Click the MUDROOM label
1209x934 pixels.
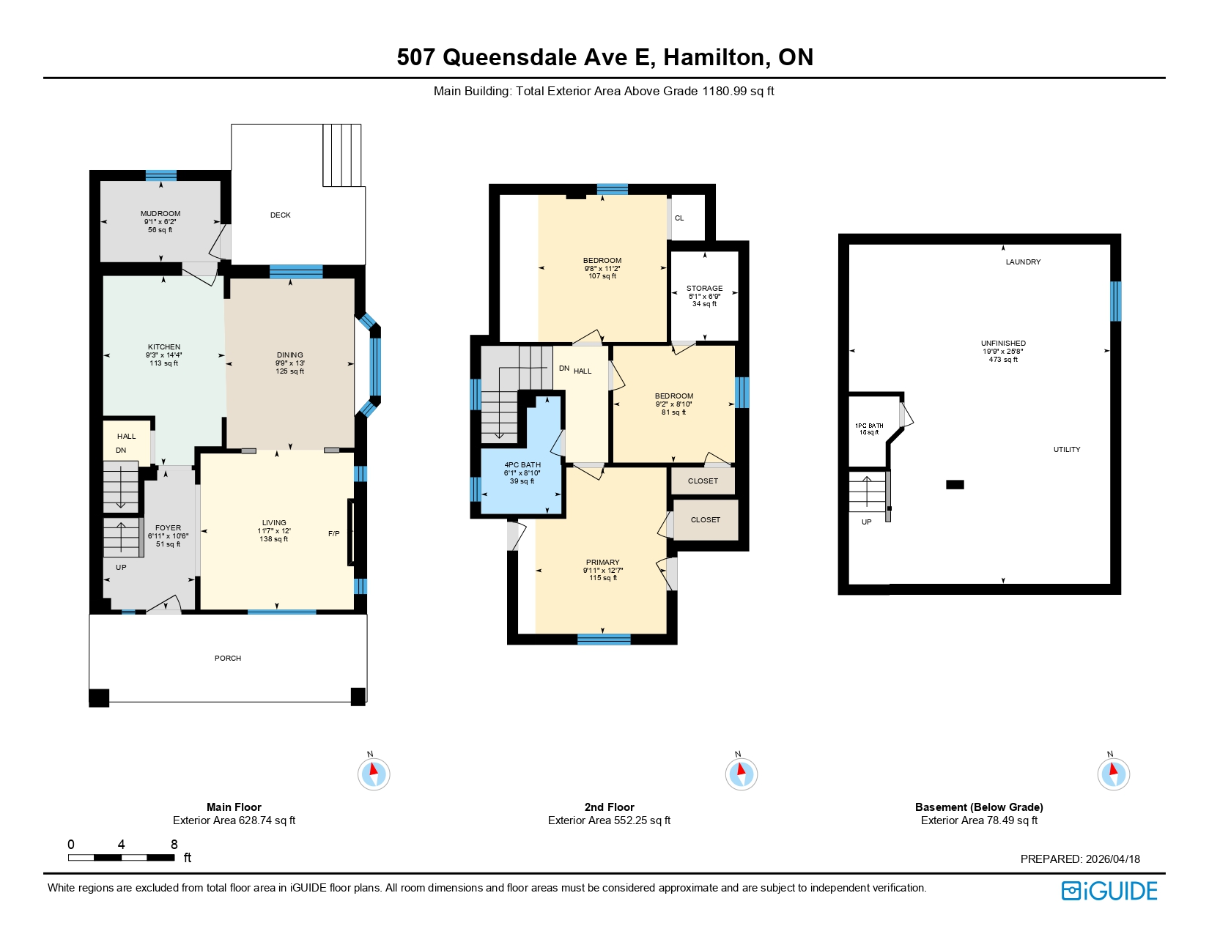click(160, 214)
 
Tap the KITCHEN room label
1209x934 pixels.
click(164, 347)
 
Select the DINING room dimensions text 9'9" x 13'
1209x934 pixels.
click(290, 363)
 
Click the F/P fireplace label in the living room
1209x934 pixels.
click(334, 534)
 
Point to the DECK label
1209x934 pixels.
click(281, 215)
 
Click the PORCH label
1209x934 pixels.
click(228, 659)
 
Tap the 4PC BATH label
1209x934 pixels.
click(522, 465)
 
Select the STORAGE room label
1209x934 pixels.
click(705, 289)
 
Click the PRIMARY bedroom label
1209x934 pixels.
click(603, 563)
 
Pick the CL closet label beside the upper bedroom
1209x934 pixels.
click(679, 218)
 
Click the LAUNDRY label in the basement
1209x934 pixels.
click(1023, 262)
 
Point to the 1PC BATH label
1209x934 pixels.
click(869, 426)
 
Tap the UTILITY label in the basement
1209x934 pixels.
click(1067, 450)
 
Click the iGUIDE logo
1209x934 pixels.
click(1109, 891)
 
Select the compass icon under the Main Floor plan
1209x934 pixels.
click(374, 774)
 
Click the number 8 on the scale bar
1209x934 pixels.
click(174, 845)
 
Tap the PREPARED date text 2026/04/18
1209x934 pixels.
click(1113, 859)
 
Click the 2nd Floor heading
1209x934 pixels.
click(609, 807)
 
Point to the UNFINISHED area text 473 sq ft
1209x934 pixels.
click(1003, 360)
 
